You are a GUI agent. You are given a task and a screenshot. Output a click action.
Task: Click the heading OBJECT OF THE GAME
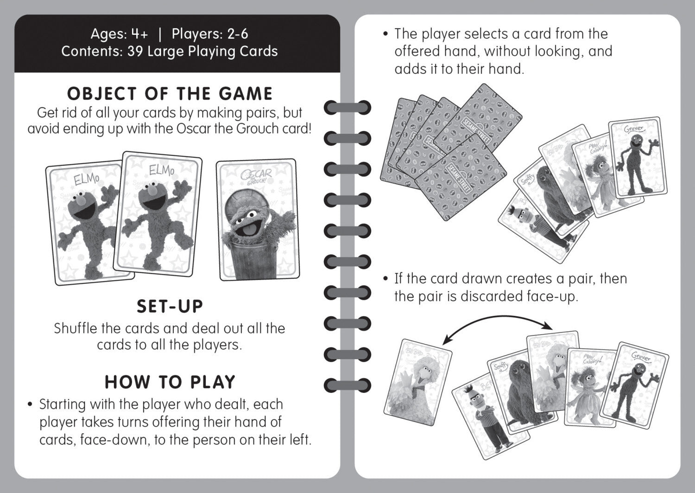point(170,94)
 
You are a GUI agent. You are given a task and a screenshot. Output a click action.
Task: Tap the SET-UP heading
point(170,306)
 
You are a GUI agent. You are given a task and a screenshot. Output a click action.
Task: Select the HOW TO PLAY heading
point(170,382)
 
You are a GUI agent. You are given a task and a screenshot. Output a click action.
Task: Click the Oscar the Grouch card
point(257,220)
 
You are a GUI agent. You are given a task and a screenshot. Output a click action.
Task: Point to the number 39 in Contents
point(135,51)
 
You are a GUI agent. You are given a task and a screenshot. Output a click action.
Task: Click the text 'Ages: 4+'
point(120,34)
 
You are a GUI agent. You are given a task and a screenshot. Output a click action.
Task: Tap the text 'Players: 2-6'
point(210,34)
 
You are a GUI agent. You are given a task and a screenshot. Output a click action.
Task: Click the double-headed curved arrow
point(497,317)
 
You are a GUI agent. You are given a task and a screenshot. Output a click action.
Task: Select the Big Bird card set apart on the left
point(417,383)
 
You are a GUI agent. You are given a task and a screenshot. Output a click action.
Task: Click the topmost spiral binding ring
point(347,108)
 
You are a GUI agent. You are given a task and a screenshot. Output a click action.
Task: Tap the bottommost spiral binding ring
point(347,385)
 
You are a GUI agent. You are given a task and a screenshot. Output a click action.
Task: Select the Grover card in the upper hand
point(638,158)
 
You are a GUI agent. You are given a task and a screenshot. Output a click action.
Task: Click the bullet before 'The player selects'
point(385,34)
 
